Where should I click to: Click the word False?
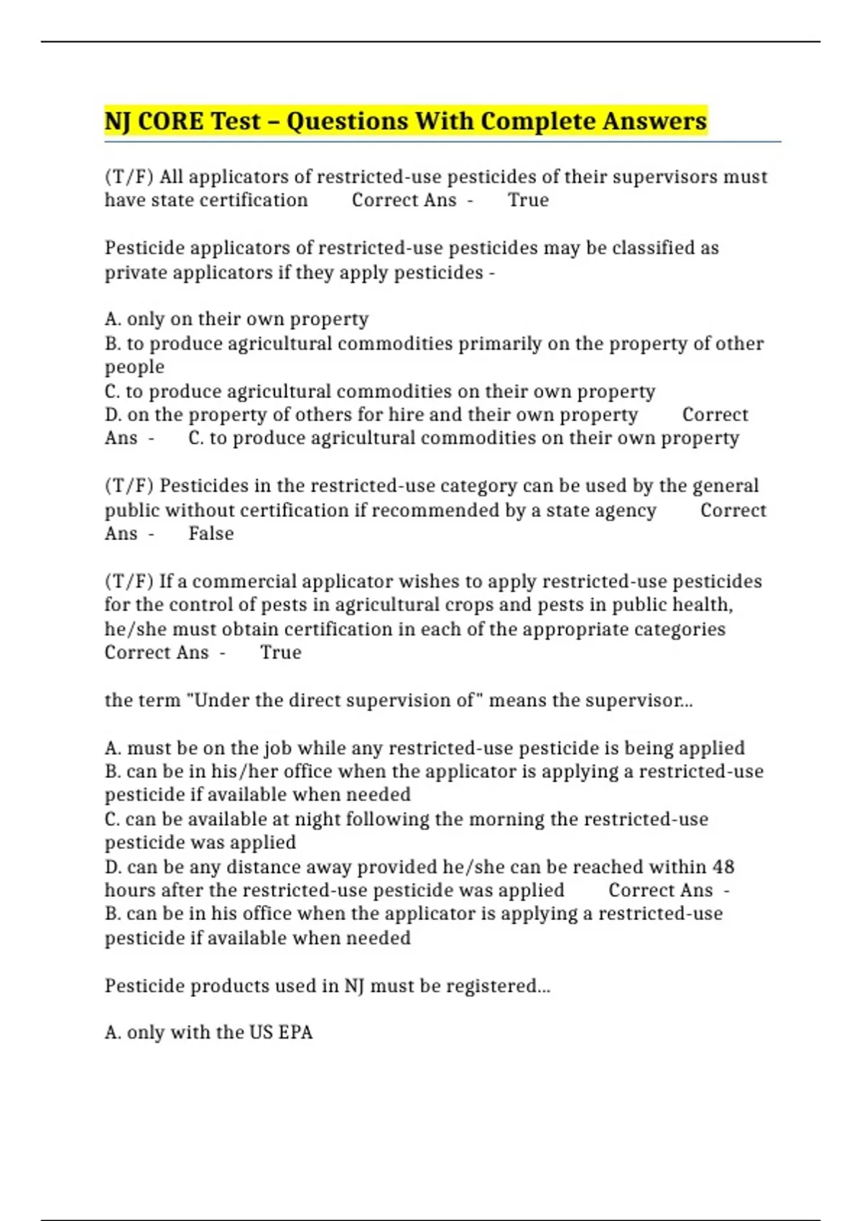211,534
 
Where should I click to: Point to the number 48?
723,867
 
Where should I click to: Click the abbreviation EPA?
295,1033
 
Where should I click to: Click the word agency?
624,511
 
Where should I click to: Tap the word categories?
680,629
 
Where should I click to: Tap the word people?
134,368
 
